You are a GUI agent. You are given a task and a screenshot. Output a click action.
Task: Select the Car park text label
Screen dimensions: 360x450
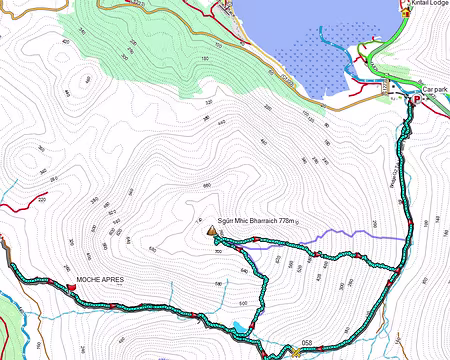pos(435,89)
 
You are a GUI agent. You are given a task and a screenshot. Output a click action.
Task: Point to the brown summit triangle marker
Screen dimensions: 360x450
pos(212,232)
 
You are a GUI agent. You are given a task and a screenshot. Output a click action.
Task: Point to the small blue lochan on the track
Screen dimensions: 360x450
pos(240,326)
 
